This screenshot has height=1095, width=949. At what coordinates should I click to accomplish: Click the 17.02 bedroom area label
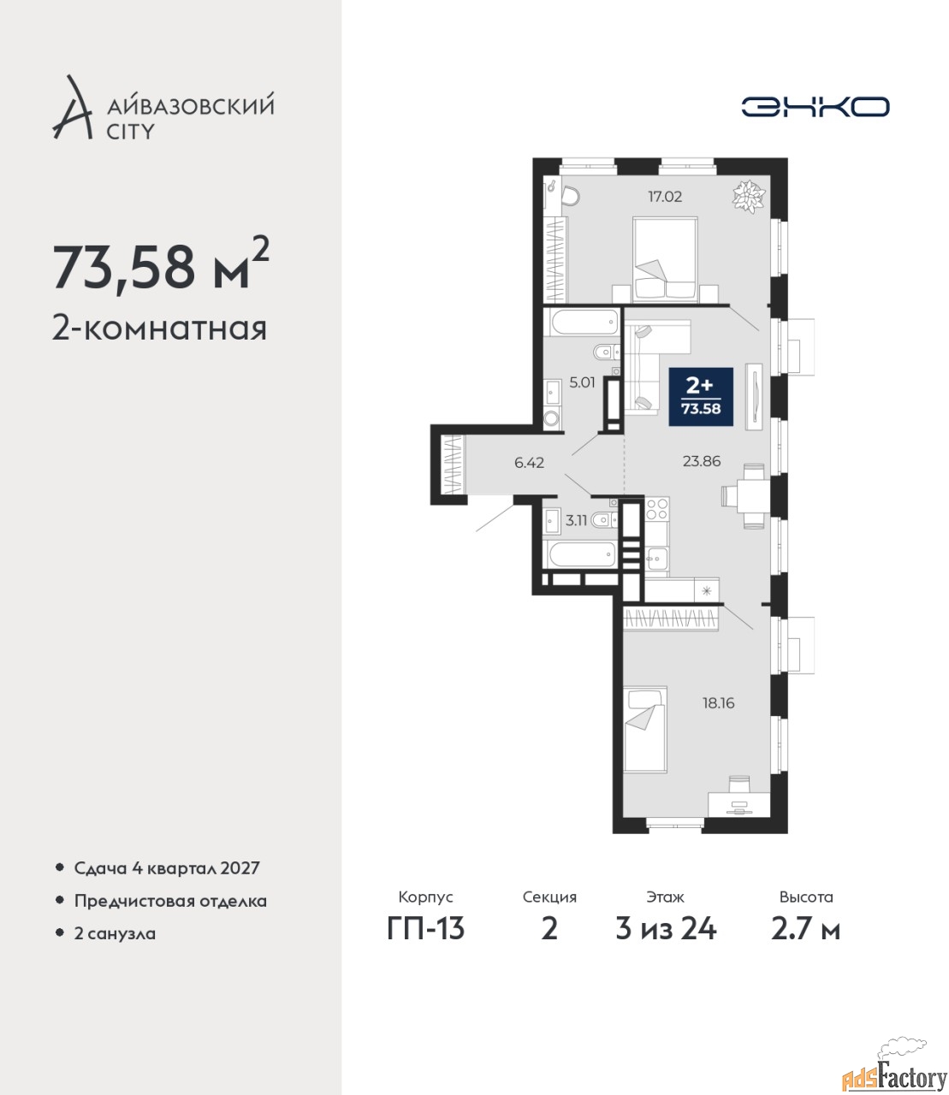click(x=665, y=197)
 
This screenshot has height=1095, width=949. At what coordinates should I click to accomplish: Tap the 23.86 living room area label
click(x=702, y=461)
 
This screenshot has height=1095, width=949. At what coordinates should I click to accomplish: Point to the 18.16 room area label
click(x=719, y=703)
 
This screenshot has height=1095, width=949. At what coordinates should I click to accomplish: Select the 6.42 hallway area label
click(x=529, y=463)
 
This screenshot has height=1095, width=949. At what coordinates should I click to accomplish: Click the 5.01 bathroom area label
click(x=583, y=382)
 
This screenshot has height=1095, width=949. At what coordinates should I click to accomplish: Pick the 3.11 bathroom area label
click(x=576, y=520)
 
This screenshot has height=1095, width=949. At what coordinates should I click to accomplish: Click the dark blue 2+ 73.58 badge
click(x=701, y=397)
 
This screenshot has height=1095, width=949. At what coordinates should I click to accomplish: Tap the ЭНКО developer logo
click(x=815, y=106)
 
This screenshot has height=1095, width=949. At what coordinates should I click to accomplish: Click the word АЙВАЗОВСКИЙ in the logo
click(x=191, y=105)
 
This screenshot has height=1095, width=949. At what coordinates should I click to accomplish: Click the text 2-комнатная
click(x=159, y=329)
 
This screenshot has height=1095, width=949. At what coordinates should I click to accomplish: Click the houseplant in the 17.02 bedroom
click(x=750, y=197)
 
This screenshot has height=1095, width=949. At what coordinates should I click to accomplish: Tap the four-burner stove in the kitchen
click(x=657, y=509)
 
